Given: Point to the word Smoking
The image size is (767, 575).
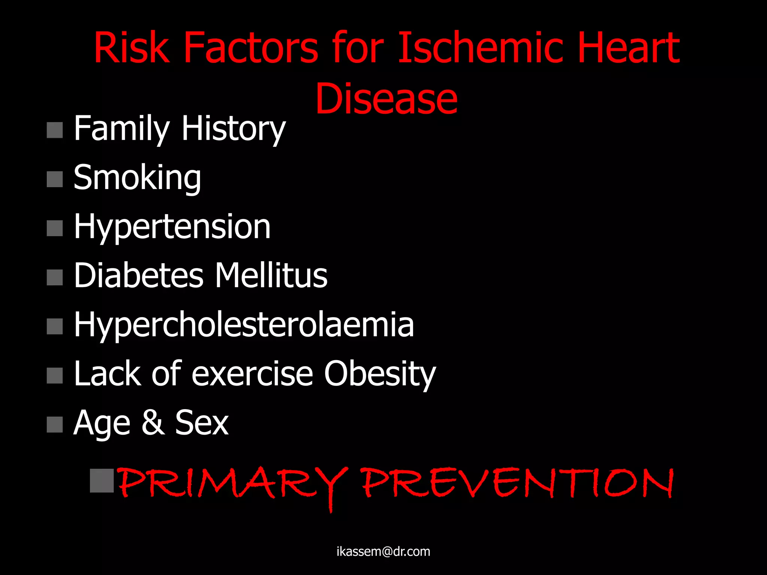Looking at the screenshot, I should coord(137,178).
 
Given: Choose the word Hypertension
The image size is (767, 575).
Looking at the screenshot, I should coord(172,227).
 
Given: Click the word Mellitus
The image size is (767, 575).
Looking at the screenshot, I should coord(271,276).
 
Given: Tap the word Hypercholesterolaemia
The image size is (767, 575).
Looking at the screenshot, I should coord(244,325).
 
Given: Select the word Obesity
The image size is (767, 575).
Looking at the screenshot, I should coord(380,374).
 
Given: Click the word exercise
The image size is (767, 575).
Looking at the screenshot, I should coord(252,374).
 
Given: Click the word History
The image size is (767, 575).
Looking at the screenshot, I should coord(233,129).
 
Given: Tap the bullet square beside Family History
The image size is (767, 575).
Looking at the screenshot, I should coord(55,130).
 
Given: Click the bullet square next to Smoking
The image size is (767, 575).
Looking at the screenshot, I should coord(55,179).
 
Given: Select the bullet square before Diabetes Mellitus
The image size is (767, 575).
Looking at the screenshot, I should coord(55,277).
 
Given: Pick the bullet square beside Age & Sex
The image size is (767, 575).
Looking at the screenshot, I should coord(55,425).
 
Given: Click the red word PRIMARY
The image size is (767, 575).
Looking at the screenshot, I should coord(233,484).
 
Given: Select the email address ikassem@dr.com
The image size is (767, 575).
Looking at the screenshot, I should coord(383,551).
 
